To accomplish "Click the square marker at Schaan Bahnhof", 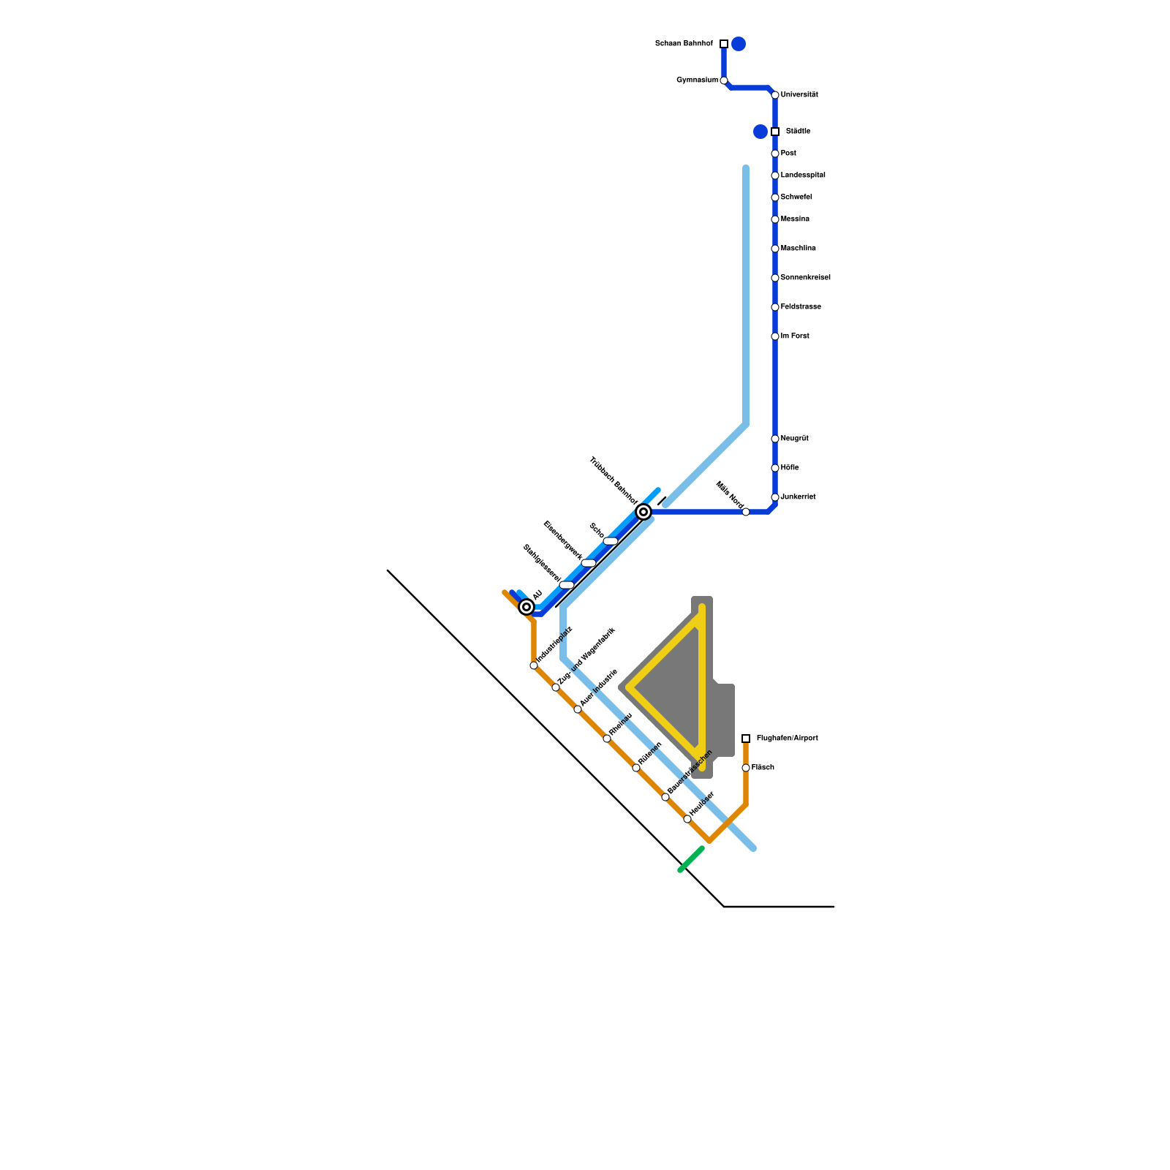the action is point(724,44).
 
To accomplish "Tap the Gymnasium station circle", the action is point(724,80).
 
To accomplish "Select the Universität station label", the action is point(799,95).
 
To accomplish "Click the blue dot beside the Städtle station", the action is point(760,132).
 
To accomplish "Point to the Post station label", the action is point(788,154).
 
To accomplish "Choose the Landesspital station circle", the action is point(775,175).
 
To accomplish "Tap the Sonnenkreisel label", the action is point(805,278).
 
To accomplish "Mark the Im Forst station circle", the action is point(775,336).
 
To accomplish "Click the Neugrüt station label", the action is point(794,439).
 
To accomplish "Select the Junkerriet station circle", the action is point(775,497).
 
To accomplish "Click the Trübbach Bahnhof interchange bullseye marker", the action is point(643,512).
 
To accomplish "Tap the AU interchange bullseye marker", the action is point(526,607).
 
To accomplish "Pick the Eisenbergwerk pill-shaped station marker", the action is point(589,563).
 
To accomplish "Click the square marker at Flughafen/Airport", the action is point(746,739).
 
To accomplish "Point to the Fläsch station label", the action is point(763,768).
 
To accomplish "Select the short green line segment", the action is point(691,859).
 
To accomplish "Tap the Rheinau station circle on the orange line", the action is point(607,739).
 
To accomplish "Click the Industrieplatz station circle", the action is point(534,665).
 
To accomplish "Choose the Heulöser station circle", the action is point(687,819).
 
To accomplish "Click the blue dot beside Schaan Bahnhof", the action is point(739,44).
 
